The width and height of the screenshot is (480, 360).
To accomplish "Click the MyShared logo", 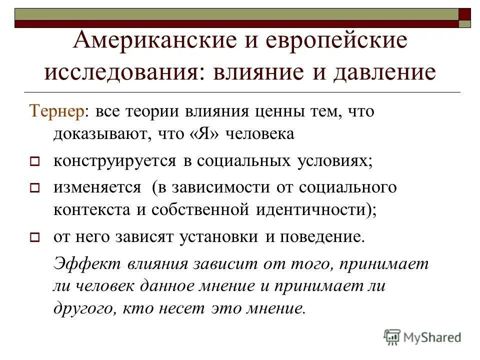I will point(422,336).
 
